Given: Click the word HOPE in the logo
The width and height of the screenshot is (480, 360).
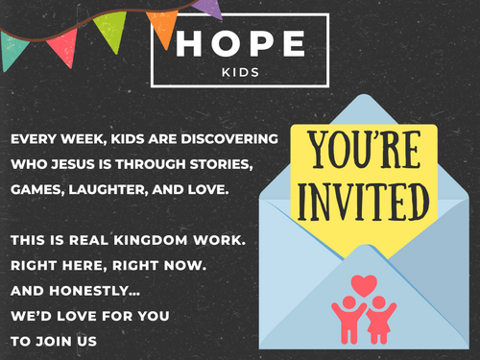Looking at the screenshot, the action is click(x=240, y=44).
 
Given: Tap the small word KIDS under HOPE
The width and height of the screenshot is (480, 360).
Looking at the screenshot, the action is click(x=240, y=73).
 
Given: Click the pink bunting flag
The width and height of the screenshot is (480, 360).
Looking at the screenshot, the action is click(x=64, y=47).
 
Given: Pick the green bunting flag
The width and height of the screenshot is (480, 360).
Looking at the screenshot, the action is click(x=111, y=30).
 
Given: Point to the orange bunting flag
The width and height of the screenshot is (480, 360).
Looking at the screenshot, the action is click(x=163, y=27).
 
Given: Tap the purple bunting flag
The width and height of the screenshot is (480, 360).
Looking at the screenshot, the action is click(x=209, y=8).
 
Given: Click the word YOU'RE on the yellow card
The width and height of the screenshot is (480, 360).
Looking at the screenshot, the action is click(x=365, y=150).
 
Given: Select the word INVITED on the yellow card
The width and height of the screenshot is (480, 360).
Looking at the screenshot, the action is click(x=363, y=202).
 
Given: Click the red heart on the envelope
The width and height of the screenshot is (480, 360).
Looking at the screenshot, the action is click(x=364, y=285).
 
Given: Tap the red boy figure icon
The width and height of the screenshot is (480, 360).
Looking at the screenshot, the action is click(x=348, y=320).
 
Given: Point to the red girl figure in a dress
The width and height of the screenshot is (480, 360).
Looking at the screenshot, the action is click(x=380, y=320).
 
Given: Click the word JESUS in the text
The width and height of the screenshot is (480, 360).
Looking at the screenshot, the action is click(x=73, y=164).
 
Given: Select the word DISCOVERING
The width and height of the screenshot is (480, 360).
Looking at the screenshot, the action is click(x=229, y=139).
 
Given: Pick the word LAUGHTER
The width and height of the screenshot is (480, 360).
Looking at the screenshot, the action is click(x=108, y=190).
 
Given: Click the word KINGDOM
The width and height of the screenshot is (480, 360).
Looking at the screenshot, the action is click(x=151, y=240).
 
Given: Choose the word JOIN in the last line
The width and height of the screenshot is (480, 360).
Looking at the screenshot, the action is click(x=54, y=342).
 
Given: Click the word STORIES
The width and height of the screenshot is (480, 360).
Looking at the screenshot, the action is click(x=221, y=165).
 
